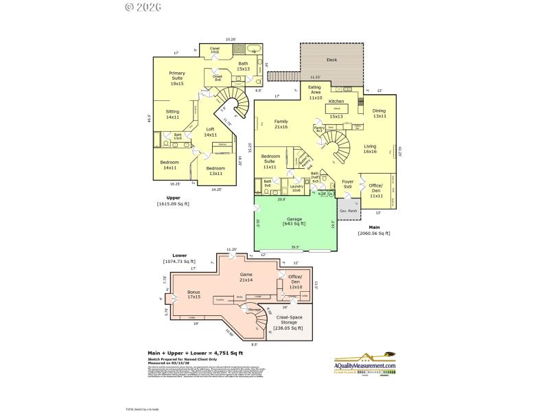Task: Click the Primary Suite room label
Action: [x=177, y=78]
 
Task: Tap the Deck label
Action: [x=331, y=60]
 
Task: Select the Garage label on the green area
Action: [x=294, y=221]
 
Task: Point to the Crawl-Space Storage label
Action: [x=290, y=323]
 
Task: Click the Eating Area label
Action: [x=315, y=93]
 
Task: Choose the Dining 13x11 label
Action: [x=379, y=113]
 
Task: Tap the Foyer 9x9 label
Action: [x=347, y=184]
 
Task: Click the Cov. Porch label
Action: [x=349, y=210]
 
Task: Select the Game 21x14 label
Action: [x=246, y=277]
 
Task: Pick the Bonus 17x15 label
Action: [x=195, y=295]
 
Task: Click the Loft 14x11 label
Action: [x=210, y=132]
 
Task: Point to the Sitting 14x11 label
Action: [x=172, y=114]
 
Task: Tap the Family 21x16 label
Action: [x=281, y=124]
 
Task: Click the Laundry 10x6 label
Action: [x=296, y=187]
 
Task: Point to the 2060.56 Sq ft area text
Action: [x=374, y=233]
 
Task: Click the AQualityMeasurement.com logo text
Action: [x=365, y=367]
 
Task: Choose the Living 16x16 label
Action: [x=370, y=149]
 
